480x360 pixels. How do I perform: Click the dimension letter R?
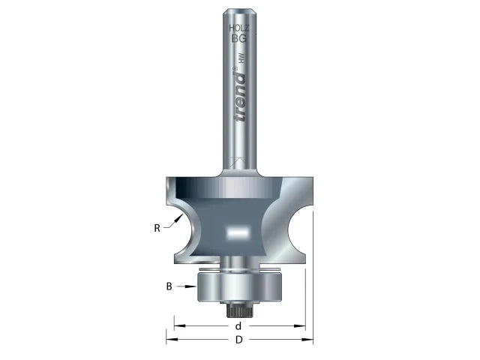157,228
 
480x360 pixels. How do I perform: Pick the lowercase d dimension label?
238,326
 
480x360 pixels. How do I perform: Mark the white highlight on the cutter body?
238,233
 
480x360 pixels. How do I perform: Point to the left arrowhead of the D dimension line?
169,339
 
